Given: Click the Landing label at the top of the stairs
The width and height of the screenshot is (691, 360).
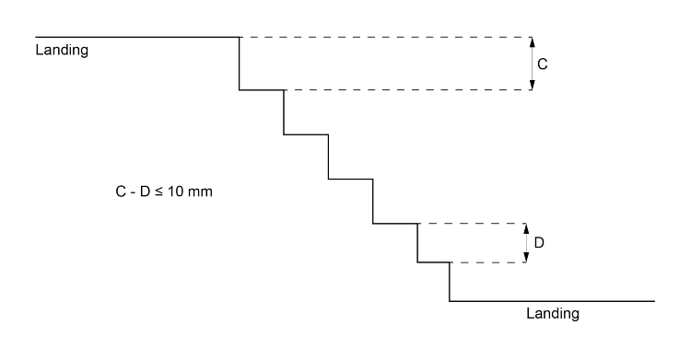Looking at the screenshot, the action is click(x=62, y=50).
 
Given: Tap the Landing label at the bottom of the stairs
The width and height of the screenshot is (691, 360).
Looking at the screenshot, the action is click(x=552, y=313).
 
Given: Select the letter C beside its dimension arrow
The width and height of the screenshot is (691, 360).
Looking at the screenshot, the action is click(x=544, y=64).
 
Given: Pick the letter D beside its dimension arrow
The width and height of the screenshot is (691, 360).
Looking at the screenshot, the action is click(x=540, y=243).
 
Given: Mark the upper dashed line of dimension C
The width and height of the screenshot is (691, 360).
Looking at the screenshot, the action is click(x=387, y=37).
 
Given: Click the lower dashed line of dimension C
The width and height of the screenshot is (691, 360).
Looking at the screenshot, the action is click(x=405, y=90).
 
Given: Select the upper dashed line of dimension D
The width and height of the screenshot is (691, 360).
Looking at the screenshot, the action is click(x=470, y=224).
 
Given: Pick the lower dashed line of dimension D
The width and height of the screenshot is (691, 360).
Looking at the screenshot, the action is click(x=488, y=263).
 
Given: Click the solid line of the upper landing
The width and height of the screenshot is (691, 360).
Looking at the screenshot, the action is click(x=138, y=37).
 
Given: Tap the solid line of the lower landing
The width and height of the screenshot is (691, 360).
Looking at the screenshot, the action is click(x=553, y=301).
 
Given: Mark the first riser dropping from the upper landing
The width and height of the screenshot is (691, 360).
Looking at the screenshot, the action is click(x=240, y=64).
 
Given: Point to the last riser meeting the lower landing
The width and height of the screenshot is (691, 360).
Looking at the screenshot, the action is click(x=450, y=282).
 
